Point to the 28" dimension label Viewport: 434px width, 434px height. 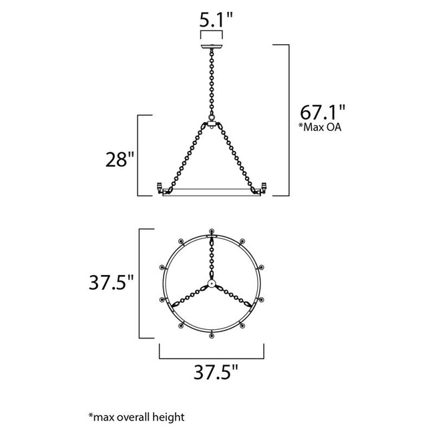click(120, 160)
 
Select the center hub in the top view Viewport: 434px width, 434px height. click(212, 284)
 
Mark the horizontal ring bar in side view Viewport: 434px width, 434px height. click(212, 194)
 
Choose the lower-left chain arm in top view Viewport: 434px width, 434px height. click(190, 296)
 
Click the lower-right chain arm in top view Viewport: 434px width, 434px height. click(235, 296)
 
